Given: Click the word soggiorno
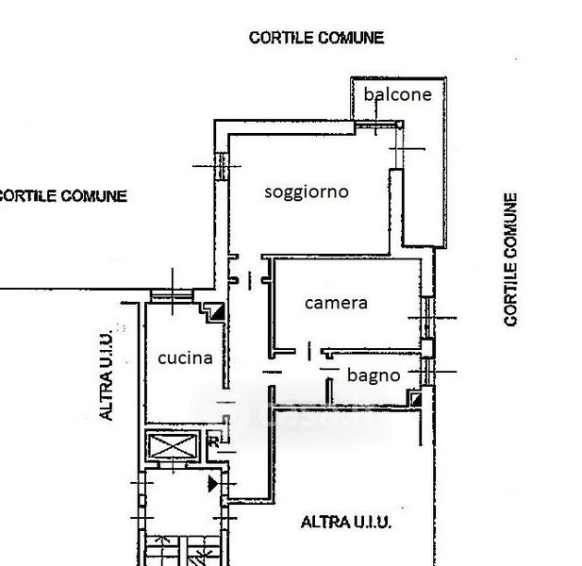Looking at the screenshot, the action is click(x=307, y=192).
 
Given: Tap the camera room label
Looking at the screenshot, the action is click(x=336, y=303).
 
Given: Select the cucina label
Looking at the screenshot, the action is click(x=185, y=358).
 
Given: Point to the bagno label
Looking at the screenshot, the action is click(x=374, y=375).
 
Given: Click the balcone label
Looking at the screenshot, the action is click(x=397, y=94).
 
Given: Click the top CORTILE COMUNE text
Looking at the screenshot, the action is click(x=316, y=38).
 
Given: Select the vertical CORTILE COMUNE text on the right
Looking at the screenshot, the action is click(x=510, y=259).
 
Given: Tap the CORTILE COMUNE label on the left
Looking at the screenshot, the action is click(x=62, y=196).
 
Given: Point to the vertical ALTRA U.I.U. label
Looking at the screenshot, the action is click(x=107, y=375).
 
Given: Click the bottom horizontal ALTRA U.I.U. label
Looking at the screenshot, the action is click(x=346, y=523).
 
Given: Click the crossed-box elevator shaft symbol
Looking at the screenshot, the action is click(x=173, y=446).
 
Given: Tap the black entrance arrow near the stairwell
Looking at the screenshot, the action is click(x=213, y=484).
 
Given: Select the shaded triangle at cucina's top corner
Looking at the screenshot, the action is click(x=218, y=311).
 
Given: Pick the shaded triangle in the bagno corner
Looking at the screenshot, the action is click(x=417, y=399).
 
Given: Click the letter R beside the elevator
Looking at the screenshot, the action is click(x=213, y=441).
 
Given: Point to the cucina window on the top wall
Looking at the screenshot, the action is click(x=172, y=296).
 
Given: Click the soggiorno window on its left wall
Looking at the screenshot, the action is click(x=222, y=166).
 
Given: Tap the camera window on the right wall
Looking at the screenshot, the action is click(x=427, y=318).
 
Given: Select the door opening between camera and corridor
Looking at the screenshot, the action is click(x=308, y=351).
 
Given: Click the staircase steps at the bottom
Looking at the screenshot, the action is click(x=182, y=551).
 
